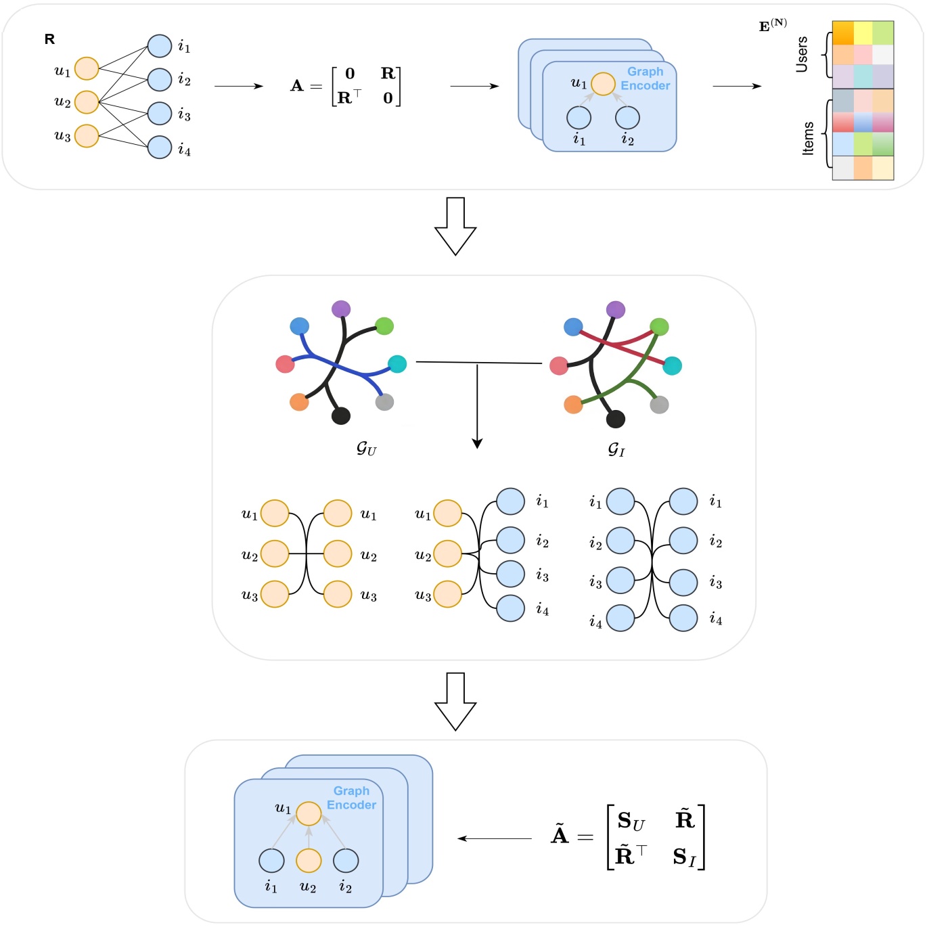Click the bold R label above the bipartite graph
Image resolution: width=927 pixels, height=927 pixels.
pyautogui.click(x=49, y=39)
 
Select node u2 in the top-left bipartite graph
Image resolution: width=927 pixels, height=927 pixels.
pyautogui.click(x=87, y=102)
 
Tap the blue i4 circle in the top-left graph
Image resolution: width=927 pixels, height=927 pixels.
pyautogui.click(x=160, y=147)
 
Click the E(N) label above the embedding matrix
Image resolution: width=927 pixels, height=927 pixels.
pyautogui.click(x=773, y=26)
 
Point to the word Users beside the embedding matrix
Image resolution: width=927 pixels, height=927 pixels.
pyautogui.click(x=802, y=55)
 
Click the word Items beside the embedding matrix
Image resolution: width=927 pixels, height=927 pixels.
pyautogui.click(x=808, y=139)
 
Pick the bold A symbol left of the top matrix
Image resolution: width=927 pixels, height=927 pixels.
pyautogui.click(x=297, y=86)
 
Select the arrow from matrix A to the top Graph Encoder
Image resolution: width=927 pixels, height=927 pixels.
pyautogui.click(x=474, y=86)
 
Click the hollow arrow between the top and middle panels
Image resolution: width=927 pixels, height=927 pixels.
pyautogui.click(x=455, y=226)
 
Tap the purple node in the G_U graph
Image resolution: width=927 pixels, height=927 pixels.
pyautogui.click(x=341, y=309)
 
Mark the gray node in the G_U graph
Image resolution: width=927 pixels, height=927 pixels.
pyautogui.click(x=384, y=402)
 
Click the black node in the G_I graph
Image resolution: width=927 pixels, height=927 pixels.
pyautogui.click(x=615, y=420)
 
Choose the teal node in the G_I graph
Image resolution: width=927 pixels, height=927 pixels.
pyautogui.click(x=672, y=366)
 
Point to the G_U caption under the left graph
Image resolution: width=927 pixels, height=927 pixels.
pyautogui.click(x=366, y=449)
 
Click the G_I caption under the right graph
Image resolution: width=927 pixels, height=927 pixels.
pyautogui.click(x=616, y=449)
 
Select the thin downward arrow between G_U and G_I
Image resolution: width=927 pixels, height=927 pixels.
pyautogui.click(x=477, y=406)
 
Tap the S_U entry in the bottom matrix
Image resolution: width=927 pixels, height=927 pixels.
pyautogui.click(x=631, y=821)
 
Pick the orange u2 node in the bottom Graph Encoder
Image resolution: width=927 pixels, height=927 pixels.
pyautogui.click(x=309, y=861)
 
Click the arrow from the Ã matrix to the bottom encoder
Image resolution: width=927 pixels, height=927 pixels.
pyautogui.click(x=495, y=838)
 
